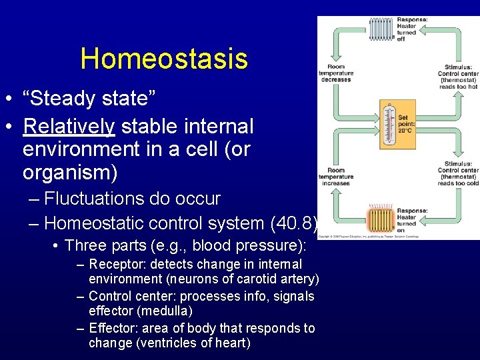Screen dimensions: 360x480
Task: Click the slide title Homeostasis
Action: coord(164,59)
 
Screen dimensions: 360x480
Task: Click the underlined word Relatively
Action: coord(69,125)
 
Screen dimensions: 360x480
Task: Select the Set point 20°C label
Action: coord(406,124)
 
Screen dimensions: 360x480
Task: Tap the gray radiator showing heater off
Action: coord(381,29)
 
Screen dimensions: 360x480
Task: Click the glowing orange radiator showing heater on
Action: coord(381,219)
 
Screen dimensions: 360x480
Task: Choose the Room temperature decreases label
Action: coord(336,73)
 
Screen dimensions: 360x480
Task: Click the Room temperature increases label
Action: coord(335,177)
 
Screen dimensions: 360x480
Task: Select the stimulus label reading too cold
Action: coord(458,173)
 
